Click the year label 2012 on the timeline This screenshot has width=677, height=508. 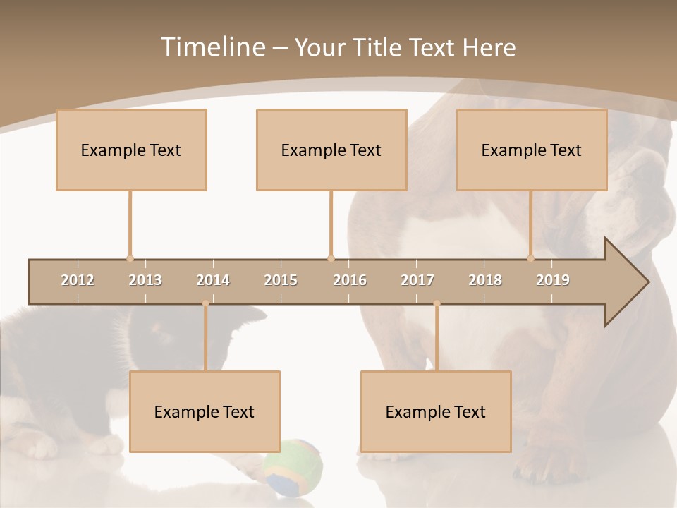(78, 280)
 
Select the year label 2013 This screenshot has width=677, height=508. (145, 280)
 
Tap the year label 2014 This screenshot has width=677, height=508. (213, 280)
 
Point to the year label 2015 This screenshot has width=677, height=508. (281, 280)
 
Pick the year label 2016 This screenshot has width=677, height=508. (350, 280)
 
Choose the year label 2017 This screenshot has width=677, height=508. (417, 280)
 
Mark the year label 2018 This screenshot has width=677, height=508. (485, 280)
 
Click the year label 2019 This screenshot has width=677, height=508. (553, 280)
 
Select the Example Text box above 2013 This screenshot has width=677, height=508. (131, 150)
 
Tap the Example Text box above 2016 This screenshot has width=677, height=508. (331, 150)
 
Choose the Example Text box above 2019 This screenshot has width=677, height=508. (532, 150)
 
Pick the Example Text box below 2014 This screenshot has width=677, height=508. (205, 411)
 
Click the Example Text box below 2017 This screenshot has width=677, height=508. (436, 411)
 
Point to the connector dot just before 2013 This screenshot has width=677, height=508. (130, 258)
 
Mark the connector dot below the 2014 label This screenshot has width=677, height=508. (205, 303)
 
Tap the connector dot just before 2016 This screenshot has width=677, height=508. (331, 258)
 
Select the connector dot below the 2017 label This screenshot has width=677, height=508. (437, 303)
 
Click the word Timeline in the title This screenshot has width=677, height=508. (212, 47)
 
